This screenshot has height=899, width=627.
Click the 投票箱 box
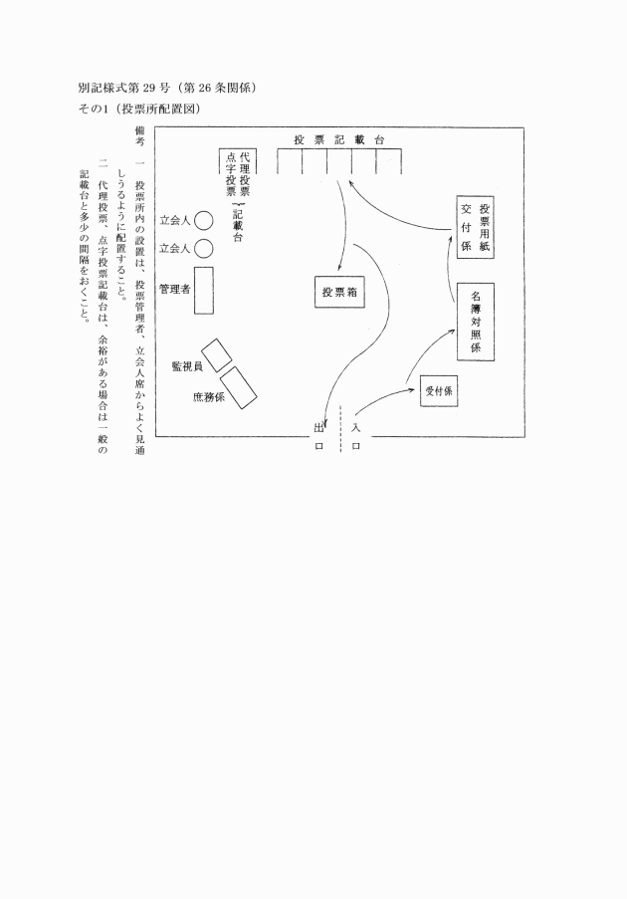(339, 292)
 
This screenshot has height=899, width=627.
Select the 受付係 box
(439, 390)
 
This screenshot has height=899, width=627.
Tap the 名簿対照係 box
(475, 322)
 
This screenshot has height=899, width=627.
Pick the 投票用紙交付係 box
(475, 227)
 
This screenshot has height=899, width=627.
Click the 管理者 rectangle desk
(203, 290)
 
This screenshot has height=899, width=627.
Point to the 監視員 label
(187, 366)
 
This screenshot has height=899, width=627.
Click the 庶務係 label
(209, 397)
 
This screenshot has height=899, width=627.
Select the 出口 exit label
(319, 437)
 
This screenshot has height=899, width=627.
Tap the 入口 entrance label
(356, 437)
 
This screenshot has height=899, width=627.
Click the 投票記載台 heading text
(339, 139)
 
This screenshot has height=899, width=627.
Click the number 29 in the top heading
(150, 88)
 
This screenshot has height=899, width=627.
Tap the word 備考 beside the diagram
(139, 136)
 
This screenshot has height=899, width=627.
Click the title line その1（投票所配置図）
(139, 109)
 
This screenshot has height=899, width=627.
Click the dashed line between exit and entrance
(341, 429)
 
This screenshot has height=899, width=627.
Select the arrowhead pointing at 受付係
(411, 388)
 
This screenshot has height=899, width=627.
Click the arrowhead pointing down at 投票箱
(339, 268)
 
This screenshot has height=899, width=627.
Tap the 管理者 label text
(175, 289)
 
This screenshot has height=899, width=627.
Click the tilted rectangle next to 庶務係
(239, 387)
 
